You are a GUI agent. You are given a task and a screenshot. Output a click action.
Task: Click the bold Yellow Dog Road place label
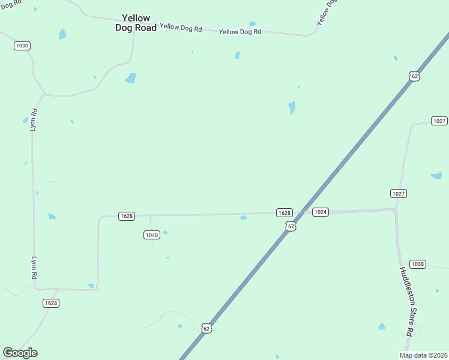coord(136,23)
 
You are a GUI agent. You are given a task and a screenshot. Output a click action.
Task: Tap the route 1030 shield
coord(22,46)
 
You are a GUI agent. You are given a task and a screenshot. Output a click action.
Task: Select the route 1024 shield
coord(321,212)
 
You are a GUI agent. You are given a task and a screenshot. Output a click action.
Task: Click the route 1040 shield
coord(151,235)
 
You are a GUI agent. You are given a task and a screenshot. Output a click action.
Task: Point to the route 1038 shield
coord(418,264)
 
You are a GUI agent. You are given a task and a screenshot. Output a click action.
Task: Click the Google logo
coord(20,353)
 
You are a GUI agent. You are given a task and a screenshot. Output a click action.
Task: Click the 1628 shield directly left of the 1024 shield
coord(284,213)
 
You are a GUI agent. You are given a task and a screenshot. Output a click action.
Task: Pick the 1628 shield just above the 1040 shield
coord(126,216)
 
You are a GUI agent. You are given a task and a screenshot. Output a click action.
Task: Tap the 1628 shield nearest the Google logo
coord(51,303)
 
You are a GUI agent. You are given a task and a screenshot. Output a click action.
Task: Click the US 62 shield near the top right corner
coord(414,76)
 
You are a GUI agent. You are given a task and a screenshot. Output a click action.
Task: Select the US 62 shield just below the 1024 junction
coord(291,226)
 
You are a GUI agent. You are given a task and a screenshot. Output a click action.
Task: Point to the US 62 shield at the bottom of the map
coord(206,328)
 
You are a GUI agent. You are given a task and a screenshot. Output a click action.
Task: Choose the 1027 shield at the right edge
coord(439,121)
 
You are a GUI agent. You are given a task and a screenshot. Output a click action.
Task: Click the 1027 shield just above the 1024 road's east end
coord(399,193)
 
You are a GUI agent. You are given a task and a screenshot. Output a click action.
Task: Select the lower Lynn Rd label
coord(34,269)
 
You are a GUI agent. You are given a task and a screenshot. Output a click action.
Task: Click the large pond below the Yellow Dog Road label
coord(130,78)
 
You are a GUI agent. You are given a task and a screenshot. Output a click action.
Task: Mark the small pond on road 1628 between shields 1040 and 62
coord(243,218)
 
